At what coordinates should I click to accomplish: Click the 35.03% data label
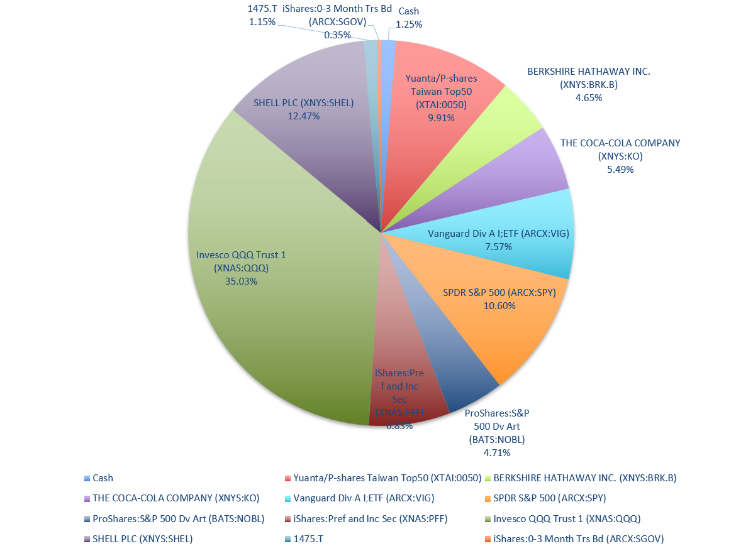tap(241, 281)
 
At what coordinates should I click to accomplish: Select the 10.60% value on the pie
tap(499, 306)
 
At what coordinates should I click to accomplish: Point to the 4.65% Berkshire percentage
tap(588, 97)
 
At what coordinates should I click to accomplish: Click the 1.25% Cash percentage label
tap(408, 25)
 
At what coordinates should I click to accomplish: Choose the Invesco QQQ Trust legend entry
tap(567, 518)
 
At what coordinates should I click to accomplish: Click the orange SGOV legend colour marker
tap(488, 538)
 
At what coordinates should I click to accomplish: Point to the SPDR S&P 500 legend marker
tap(488, 498)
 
